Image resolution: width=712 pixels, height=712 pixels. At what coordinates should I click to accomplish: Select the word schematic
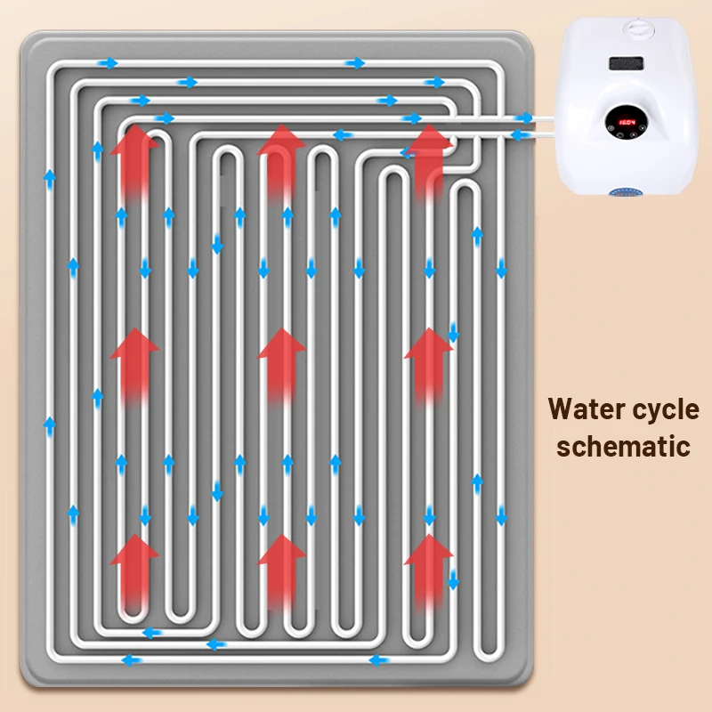pos(623,445)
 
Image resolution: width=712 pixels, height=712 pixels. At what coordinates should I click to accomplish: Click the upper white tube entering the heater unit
pos(534,117)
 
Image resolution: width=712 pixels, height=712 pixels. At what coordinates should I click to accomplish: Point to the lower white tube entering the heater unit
pos(534,133)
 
